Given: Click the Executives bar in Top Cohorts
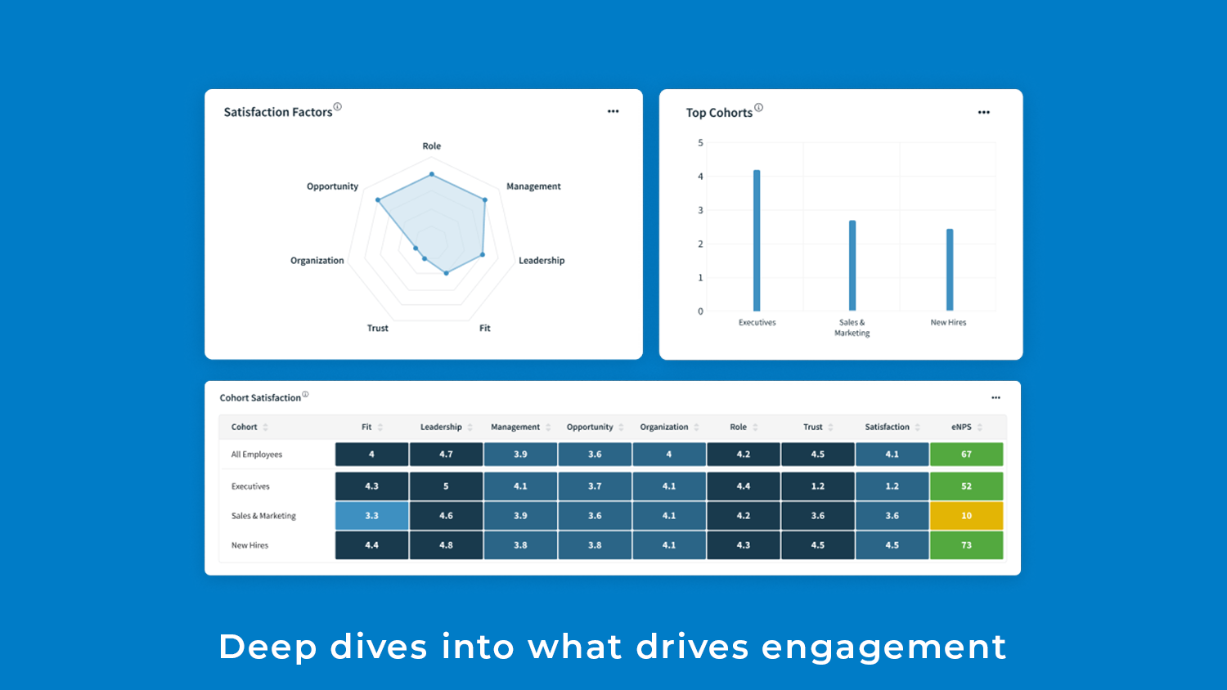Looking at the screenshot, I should (x=757, y=240).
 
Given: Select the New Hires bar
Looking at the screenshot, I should (x=950, y=270).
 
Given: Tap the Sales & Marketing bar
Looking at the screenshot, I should (x=852, y=266).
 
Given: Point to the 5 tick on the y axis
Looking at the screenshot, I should (x=700, y=143).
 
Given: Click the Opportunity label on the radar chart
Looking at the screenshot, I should (x=332, y=186).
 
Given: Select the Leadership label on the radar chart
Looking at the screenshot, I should (x=542, y=261).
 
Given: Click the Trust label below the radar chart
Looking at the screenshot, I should (x=378, y=329).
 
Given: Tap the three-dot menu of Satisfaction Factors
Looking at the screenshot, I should (x=613, y=111).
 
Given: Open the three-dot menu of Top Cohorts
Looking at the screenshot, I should (x=983, y=112).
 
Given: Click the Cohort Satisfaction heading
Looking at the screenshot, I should (x=260, y=398).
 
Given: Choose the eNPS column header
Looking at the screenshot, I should (x=962, y=427).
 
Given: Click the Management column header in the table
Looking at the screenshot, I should (x=515, y=427).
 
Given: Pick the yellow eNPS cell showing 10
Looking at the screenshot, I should (x=966, y=516).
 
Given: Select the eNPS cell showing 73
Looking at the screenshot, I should (x=966, y=545).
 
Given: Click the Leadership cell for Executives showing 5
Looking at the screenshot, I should (x=446, y=486).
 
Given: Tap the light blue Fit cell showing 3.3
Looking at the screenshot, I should (x=371, y=516).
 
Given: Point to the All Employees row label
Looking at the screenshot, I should (x=257, y=455).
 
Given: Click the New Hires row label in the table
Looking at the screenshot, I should (x=249, y=545).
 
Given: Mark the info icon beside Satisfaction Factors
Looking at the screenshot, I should (x=338, y=106).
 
